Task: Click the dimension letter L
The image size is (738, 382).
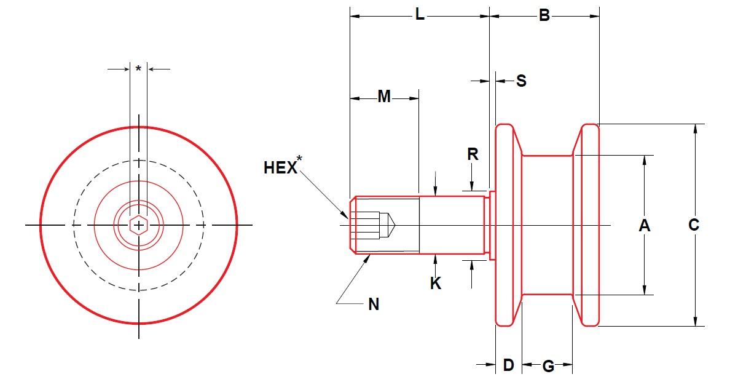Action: [x=419, y=15]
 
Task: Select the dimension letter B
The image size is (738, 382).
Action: [x=544, y=15]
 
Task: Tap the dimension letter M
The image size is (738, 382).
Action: [x=384, y=97]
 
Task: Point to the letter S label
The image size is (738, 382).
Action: [x=521, y=81]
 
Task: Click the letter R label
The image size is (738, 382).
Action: [x=473, y=154]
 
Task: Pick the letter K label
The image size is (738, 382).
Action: [x=436, y=284]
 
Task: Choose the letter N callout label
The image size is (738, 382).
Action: [x=374, y=304]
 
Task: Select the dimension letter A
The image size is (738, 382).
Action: [x=644, y=226]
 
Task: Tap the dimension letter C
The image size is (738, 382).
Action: [x=694, y=226]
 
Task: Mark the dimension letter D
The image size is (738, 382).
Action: [x=508, y=365]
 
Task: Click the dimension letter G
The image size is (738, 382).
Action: [x=548, y=367]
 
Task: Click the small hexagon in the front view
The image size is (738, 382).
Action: [x=139, y=226]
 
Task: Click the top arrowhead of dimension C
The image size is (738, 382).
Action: [x=695, y=129]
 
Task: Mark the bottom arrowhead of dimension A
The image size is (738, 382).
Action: [x=644, y=290]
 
